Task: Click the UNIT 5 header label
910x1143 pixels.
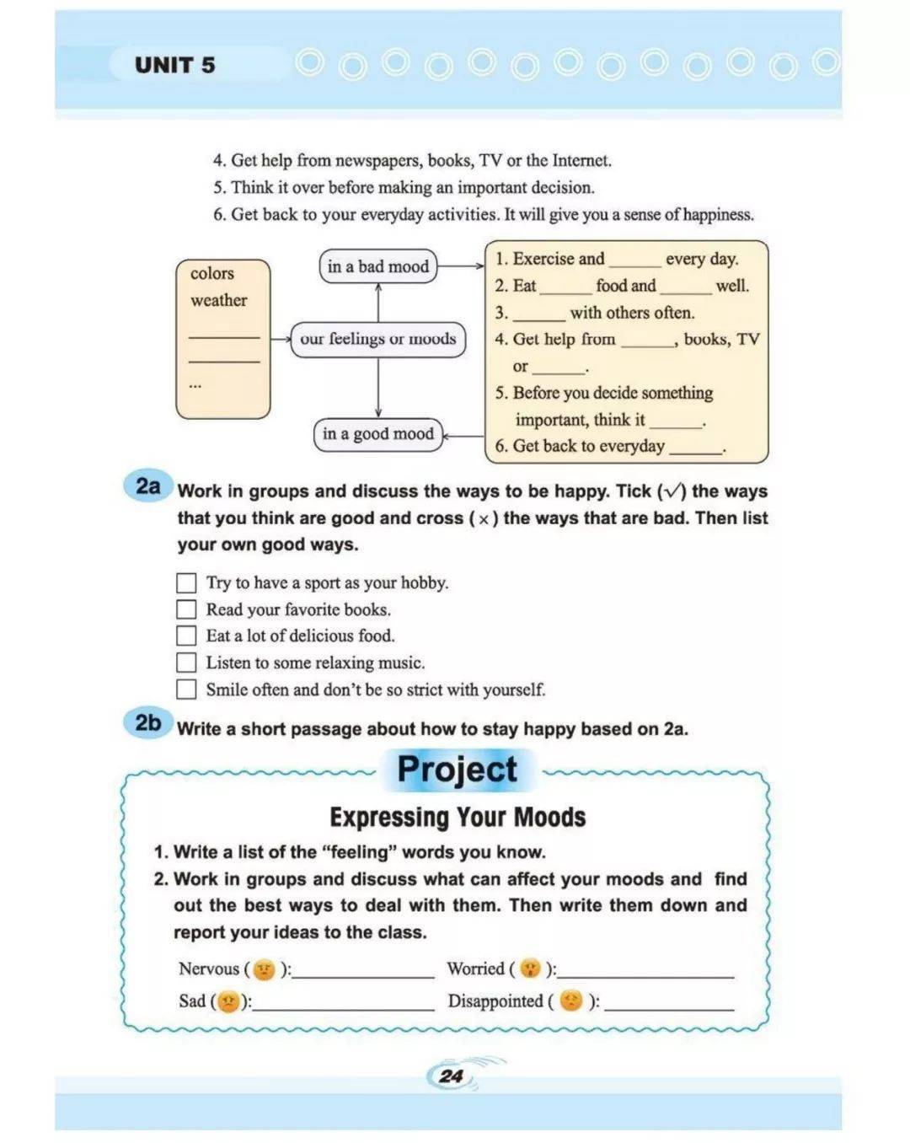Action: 175,65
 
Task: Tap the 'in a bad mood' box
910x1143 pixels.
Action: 378,266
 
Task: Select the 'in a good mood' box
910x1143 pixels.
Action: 377,434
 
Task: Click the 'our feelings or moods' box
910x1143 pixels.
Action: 377,339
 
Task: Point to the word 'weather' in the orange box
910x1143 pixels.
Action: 219,300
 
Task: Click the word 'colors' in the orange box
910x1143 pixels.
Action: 212,273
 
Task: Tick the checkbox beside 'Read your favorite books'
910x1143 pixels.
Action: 186,609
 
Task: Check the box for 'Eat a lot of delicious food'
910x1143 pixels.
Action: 186,636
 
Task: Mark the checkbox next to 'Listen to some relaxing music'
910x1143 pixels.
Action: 186,663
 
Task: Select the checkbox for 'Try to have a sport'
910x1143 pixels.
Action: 186,582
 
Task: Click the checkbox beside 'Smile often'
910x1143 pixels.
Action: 186,690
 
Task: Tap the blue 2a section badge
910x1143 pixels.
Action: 148,486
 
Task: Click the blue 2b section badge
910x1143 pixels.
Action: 148,723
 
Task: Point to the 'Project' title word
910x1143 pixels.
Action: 457,770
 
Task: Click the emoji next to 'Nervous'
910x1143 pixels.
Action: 265,969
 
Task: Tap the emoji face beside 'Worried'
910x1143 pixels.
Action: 530,969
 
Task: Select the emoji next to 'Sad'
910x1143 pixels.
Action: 228,1001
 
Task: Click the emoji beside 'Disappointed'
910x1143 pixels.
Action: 571,1001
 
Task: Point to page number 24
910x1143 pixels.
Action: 452,1076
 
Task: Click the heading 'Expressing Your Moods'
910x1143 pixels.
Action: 458,817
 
